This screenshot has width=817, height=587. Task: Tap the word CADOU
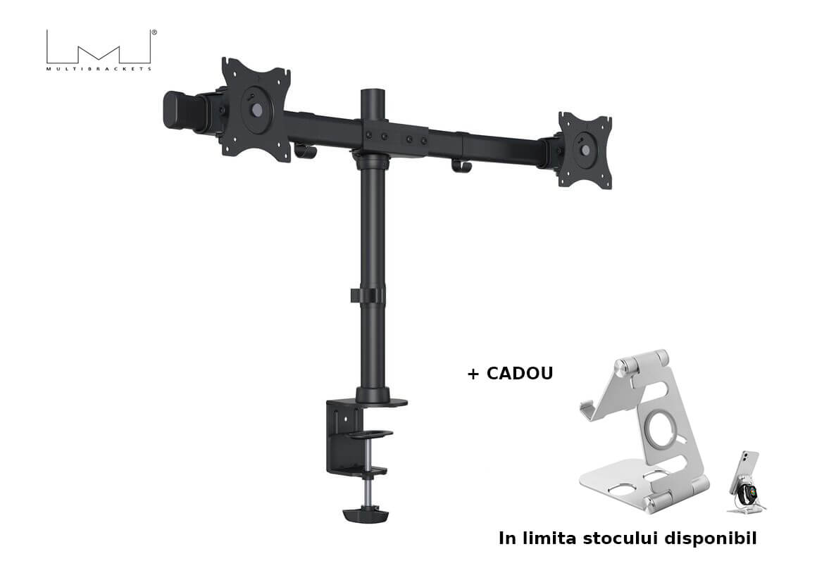point(520,374)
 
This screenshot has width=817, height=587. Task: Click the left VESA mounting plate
point(256,109)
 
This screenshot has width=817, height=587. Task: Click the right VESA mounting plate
point(585,150)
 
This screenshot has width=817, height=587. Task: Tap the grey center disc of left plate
point(257,110)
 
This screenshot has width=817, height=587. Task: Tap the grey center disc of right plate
point(586,150)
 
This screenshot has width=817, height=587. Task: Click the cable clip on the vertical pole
point(368,295)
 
